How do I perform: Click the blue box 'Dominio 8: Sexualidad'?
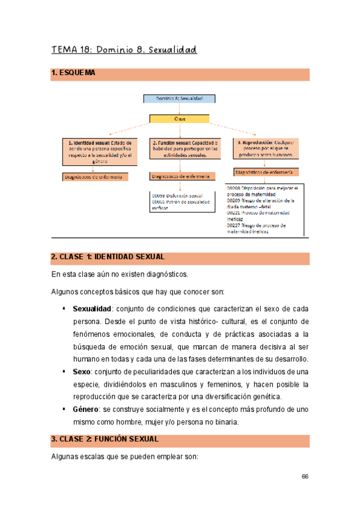[179, 98]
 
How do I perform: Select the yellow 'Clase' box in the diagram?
[179, 118]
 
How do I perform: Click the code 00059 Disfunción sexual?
[178, 195]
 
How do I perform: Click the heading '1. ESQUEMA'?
[73, 73]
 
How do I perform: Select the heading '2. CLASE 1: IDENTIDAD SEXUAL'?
[108, 257]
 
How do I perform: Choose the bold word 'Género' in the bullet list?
[87, 409]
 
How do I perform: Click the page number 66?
[305, 476]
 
